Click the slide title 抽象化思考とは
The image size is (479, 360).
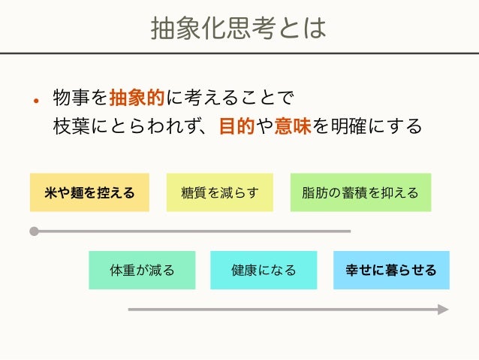[x=239, y=28]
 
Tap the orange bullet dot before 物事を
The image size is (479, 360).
[x=35, y=100]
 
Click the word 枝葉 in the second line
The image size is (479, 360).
[x=71, y=126]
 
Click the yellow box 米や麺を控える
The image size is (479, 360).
[x=89, y=192]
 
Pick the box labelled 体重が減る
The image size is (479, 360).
[x=142, y=270]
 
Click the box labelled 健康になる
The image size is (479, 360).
[x=264, y=270]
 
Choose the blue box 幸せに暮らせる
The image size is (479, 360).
[x=391, y=270]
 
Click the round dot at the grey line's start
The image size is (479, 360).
[x=34, y=231]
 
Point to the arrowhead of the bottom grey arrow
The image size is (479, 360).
[x=443, y=309]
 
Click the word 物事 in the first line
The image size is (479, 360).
[x=71, y=98]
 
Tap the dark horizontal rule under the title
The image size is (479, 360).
[x=239, y=53]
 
